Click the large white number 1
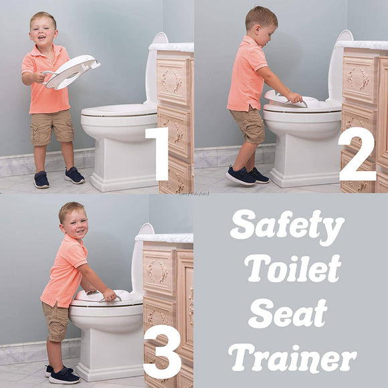pyautogui.click(x=158, y=153)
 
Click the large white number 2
pyautogui.click(x=357, y=153)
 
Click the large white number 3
pyautogui.click(x=162, y=351)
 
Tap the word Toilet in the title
pyautogui.click(x=293, y=269)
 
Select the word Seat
pyautogui.click(x=292, y=313)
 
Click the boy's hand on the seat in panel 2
pyautogui.click(x=294, y=98)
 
